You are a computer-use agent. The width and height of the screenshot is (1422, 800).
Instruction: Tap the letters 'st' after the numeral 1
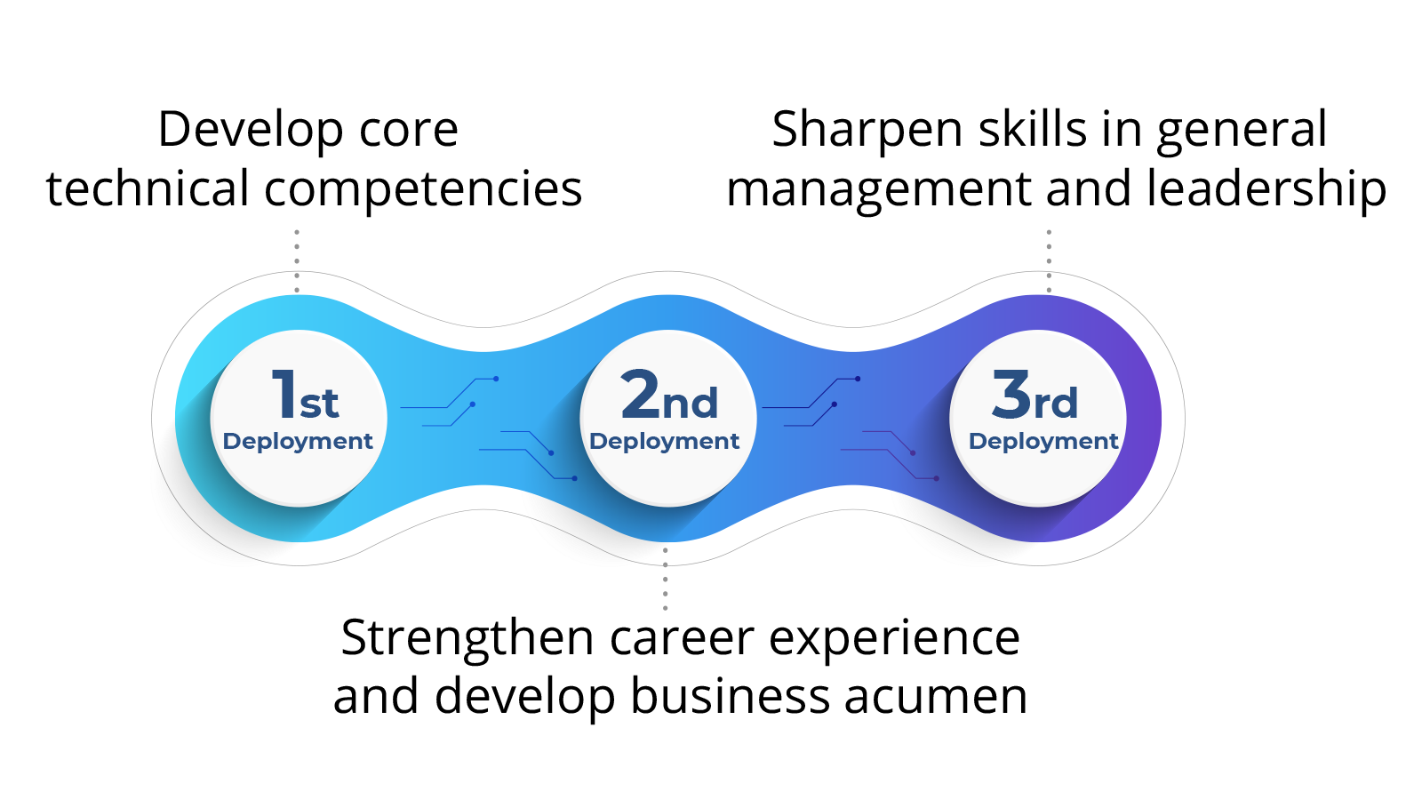coord(319,404)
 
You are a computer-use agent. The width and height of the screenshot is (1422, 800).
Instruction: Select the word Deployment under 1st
coord(298,441)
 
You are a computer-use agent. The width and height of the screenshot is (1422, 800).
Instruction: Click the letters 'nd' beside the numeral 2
coord(691,404)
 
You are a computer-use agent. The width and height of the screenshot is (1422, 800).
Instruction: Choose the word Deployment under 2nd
coord(664,441)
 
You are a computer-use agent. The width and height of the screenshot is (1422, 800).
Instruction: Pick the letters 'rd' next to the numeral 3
coord(1056,404)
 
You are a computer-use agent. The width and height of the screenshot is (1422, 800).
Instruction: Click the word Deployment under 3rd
coord(1043,441)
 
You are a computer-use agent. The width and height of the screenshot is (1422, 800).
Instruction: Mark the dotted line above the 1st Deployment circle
coord(297,260)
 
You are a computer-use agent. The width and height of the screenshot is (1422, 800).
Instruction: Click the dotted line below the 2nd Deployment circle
coord(665,579)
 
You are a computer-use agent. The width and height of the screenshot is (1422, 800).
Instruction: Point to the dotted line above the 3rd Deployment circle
coord(1049,260)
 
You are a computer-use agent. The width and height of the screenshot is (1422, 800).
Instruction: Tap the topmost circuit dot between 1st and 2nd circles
coord(496,379)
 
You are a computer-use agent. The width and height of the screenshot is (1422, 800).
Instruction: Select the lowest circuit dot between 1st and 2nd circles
coord(574,478)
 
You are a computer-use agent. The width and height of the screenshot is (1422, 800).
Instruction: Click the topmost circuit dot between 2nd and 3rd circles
coord(858,379)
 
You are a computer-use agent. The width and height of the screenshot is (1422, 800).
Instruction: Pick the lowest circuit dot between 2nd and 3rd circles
coord(936,478)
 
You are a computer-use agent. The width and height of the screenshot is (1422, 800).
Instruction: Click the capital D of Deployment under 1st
coord(231,441)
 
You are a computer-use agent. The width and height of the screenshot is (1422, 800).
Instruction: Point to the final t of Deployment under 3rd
coord(1114,441)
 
